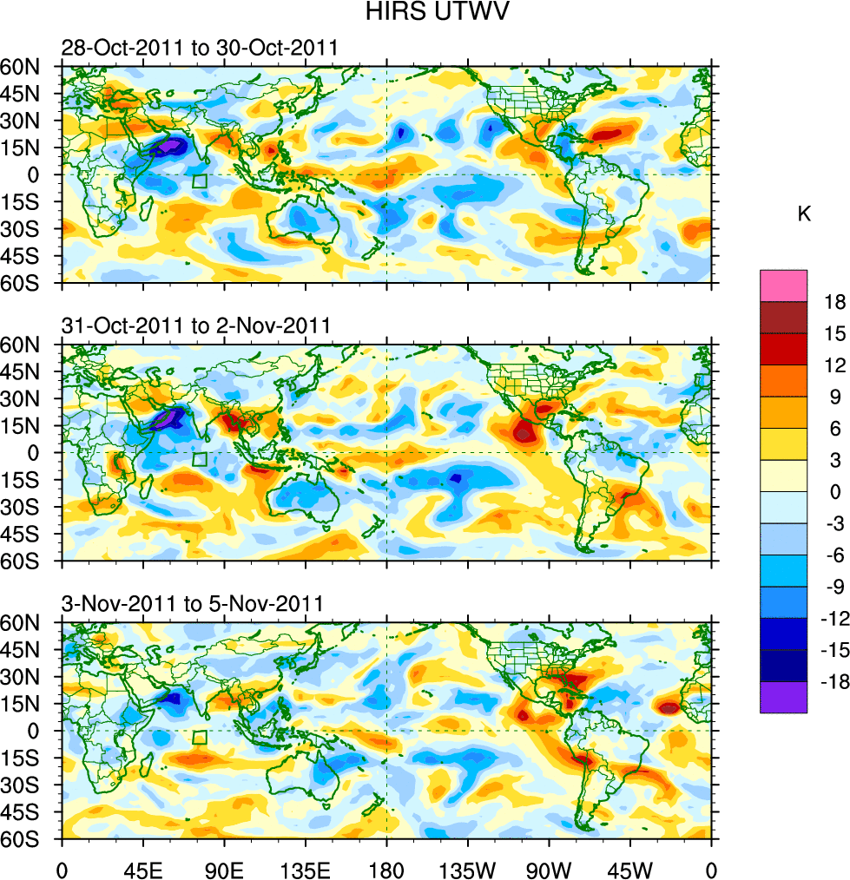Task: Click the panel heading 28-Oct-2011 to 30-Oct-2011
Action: (x=199, y=49)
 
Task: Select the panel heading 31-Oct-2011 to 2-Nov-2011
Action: (x=195, y=326)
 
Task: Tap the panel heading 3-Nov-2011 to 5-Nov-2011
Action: (x=193, y=604)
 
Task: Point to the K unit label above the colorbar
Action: (x=804, y=214)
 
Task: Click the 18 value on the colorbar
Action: (x=834, y=301)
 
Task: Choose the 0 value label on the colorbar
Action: (x=834, y=492)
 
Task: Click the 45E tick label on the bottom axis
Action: (x=143, y=868)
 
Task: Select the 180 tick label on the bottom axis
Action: (x=386, y=868)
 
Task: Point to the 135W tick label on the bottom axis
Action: (x=467, y=868)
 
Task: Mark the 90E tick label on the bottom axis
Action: (x=225, y=868)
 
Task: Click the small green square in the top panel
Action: (x=200, y=181)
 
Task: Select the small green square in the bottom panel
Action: (x=200, y=737)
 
